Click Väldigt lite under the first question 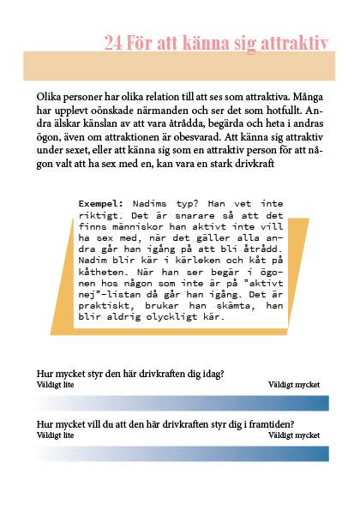pos(56,386)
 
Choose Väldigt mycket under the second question pos(294,435)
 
